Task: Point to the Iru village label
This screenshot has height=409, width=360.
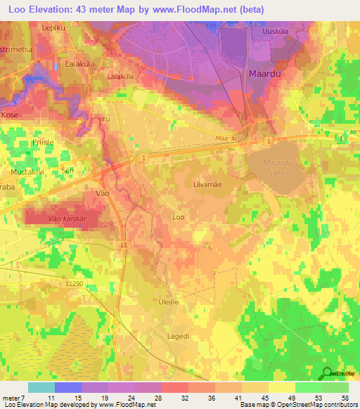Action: coord(106,120)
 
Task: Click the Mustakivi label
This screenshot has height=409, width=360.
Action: coord(27,171)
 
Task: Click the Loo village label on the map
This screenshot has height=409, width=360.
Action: coord(179,217)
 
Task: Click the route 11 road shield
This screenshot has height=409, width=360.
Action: coord(124,245)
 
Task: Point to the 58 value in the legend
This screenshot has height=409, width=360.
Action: coord(344,397)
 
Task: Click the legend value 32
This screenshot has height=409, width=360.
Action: coord(184,397)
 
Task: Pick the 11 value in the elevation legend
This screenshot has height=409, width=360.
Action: coord(51,397)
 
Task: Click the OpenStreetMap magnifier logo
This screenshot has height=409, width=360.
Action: coord(328,373)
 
